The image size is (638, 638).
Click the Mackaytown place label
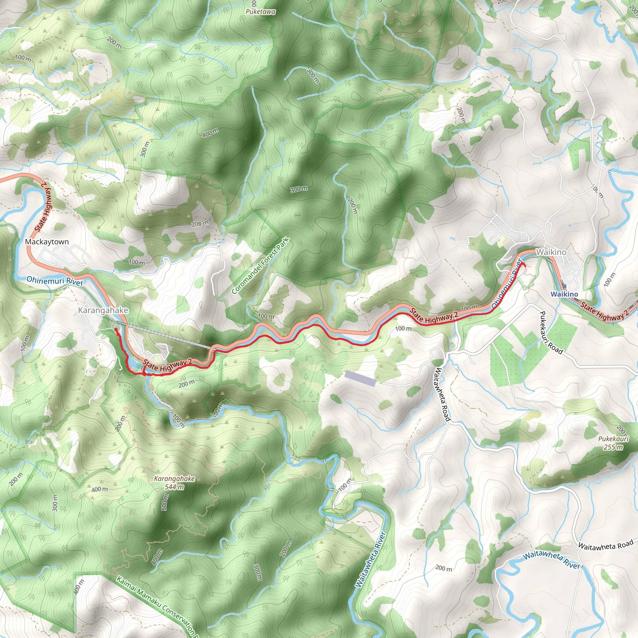pyautogui.click(x=47, y=242)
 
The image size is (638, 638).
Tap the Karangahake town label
pyautogui.click(x=103, y=310)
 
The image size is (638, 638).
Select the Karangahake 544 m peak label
pyautogui.click(x=174, y=483)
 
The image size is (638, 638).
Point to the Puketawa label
pyautogui.click(x=260, y=12)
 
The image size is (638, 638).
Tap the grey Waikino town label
pyautogui.click(x=551, y=252)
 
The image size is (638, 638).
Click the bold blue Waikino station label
pyautogui.click(x=564, y=294)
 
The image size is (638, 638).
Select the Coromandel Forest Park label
pyautogui.click(x=260, y=266)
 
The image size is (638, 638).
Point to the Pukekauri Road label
pyautogui.click(x=551, y=332)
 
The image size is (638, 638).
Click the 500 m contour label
pyautogui.click(x=165, y=502)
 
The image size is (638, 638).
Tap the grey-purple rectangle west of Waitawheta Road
pyautogui.click(x=360, y=379)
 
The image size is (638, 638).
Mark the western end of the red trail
pyautogui.click(x=115, y=329)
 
